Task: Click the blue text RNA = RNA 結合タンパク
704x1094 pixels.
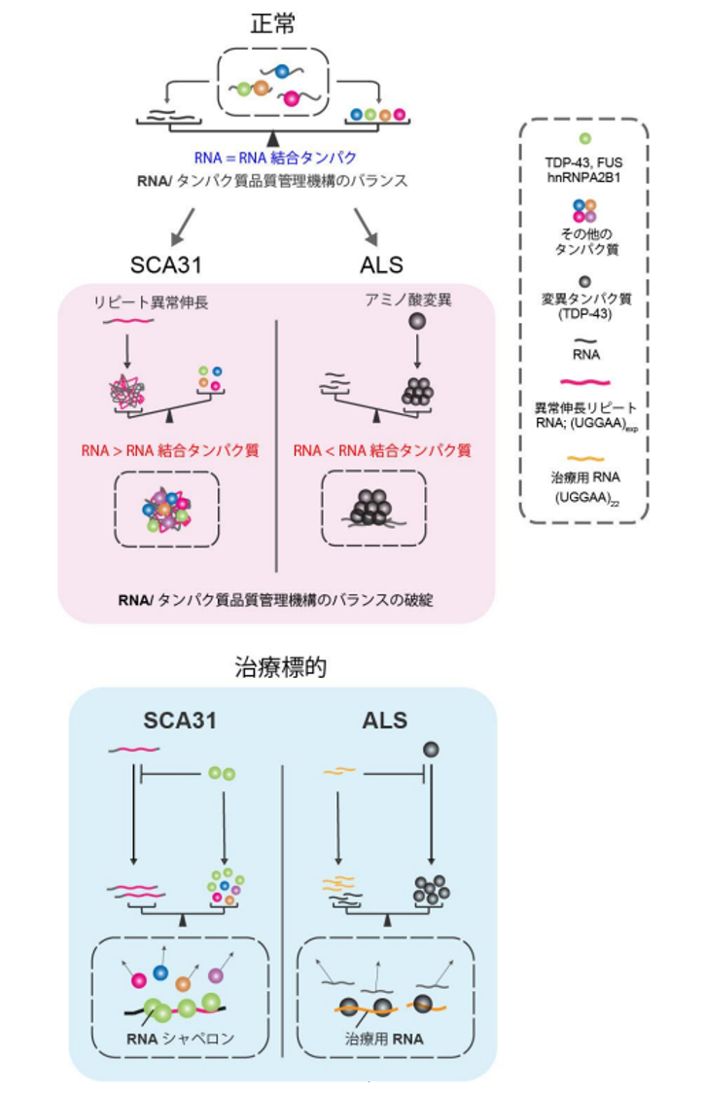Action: pos(275,157)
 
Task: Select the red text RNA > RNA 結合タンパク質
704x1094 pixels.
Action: pos(169,450)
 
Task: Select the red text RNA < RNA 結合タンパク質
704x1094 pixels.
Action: pos(382,450)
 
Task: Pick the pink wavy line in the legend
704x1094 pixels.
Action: pos(584,381)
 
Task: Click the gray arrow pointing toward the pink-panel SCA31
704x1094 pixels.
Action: pos(181,229)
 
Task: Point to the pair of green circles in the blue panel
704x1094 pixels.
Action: pos(223,774)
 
